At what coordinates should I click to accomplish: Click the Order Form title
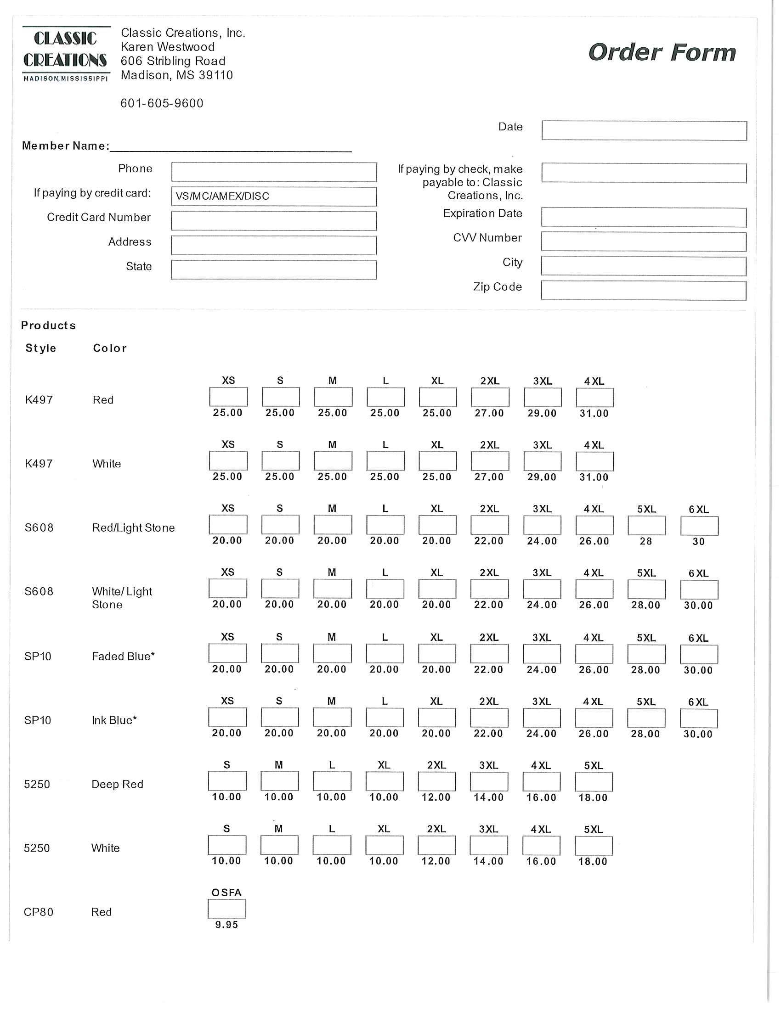[x=662, y=53]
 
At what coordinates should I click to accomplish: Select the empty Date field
[x=644, y=131]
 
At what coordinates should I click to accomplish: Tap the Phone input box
[x=274, y=172]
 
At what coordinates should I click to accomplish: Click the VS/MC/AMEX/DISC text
[x=222, y=196]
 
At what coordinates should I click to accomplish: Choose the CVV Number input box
[x=644, y=242]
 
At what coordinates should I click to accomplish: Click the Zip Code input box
[x=644, y=291]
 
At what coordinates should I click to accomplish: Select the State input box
[x=273, y=270]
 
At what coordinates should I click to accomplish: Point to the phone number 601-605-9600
[x=162, y=103]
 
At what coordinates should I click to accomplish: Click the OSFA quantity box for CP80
[x=226, y=909]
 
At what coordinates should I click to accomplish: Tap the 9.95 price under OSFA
[x=226, y=925]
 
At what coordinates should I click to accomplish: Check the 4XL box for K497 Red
[x=595, y=397]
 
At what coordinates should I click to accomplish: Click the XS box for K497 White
[x=228, y=460]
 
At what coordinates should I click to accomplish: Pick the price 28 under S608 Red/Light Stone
[x=646, y=541]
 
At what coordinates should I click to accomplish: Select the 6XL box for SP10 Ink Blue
[x=699, y=718]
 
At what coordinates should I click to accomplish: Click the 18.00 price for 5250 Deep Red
[x=593, y=797]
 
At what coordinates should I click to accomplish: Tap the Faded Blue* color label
[x=123, y=656]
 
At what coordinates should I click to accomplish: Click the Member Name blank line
[x=231, y=146]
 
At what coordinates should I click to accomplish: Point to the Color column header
[x=110, y=348]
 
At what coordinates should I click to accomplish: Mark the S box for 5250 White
[x=227, y=845]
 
